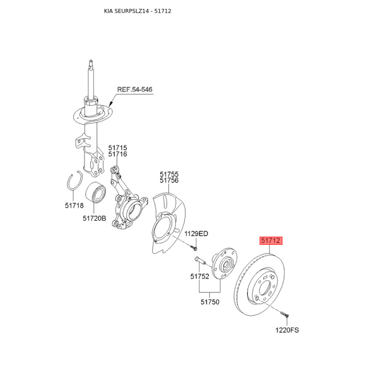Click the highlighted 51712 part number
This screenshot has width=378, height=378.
click(x=271, y=241)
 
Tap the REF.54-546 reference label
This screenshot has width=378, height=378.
click(x=135, y=89)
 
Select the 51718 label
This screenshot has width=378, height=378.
click(x=74, y=206)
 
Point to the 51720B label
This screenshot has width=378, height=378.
click(x=94, y=218)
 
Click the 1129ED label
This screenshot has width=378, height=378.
click(x=196, y=233)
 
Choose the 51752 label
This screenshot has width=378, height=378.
click(x=199, y=276)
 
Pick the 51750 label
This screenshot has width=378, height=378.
click(x=210, y=302)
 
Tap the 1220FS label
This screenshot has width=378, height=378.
click(x=287, y=330)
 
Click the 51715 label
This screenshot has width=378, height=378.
click(x=118, y=147)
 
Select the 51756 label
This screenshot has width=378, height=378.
click(x=169, y=180)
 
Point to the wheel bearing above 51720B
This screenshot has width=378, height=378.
click(x=95, y=192)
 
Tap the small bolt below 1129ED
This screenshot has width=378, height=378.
click(x=194, y=247)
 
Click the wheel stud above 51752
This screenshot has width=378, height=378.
click(x=199, y=260)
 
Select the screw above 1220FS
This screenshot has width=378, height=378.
click(x=285, y=314)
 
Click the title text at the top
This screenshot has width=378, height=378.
click(x=137, y=11)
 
